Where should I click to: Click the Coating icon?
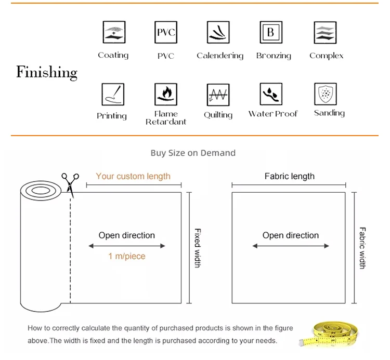(113, 33)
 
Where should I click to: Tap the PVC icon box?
(166, 33)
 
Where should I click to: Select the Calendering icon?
(218, 33)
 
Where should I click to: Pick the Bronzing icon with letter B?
(271, 33)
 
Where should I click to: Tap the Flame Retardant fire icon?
(166, 94)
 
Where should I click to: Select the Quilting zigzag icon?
(218, 95)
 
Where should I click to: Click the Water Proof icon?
(271, 94)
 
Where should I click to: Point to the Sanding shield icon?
(326, 94)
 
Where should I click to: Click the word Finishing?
(47, 72)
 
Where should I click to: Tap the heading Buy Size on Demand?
(193, 153)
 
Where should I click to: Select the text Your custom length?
(133, 176)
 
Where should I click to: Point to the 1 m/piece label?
(127, 256)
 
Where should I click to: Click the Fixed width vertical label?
(198, 248)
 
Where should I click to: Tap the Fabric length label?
(290, 176)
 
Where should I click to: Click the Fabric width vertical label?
(362, 248)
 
